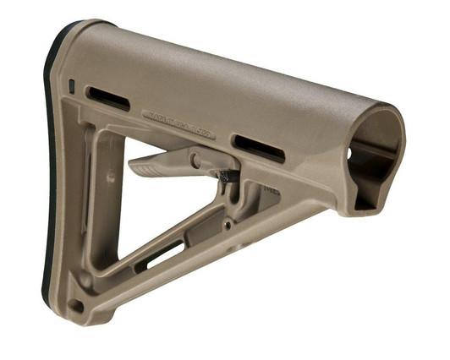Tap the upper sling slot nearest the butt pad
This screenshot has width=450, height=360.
coord(108,98)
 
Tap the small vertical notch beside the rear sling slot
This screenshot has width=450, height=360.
coord(72,85)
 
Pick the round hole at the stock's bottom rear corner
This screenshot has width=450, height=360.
coord(77,305)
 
